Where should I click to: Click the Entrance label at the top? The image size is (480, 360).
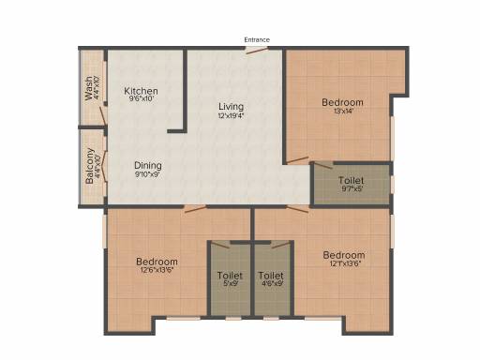[x=257, y=39]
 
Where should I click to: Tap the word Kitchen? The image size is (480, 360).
[x=142, y=91]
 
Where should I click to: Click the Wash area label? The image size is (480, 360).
[x=89, y=88]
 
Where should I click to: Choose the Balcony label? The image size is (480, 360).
[x=90, y=166]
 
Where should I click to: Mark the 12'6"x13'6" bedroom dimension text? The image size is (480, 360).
[x=157, y=271]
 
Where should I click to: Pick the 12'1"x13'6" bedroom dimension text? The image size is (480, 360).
[x=344, y=264]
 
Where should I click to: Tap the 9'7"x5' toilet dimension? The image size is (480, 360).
[x=351, y=188]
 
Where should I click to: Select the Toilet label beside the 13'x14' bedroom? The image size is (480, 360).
[x=351, y=180]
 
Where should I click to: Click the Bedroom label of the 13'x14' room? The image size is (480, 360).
[x=342, y=102]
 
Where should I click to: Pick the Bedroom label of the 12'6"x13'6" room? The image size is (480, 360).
[x=157, y=262]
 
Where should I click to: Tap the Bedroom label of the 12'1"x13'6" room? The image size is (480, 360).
[x=344, y=255]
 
